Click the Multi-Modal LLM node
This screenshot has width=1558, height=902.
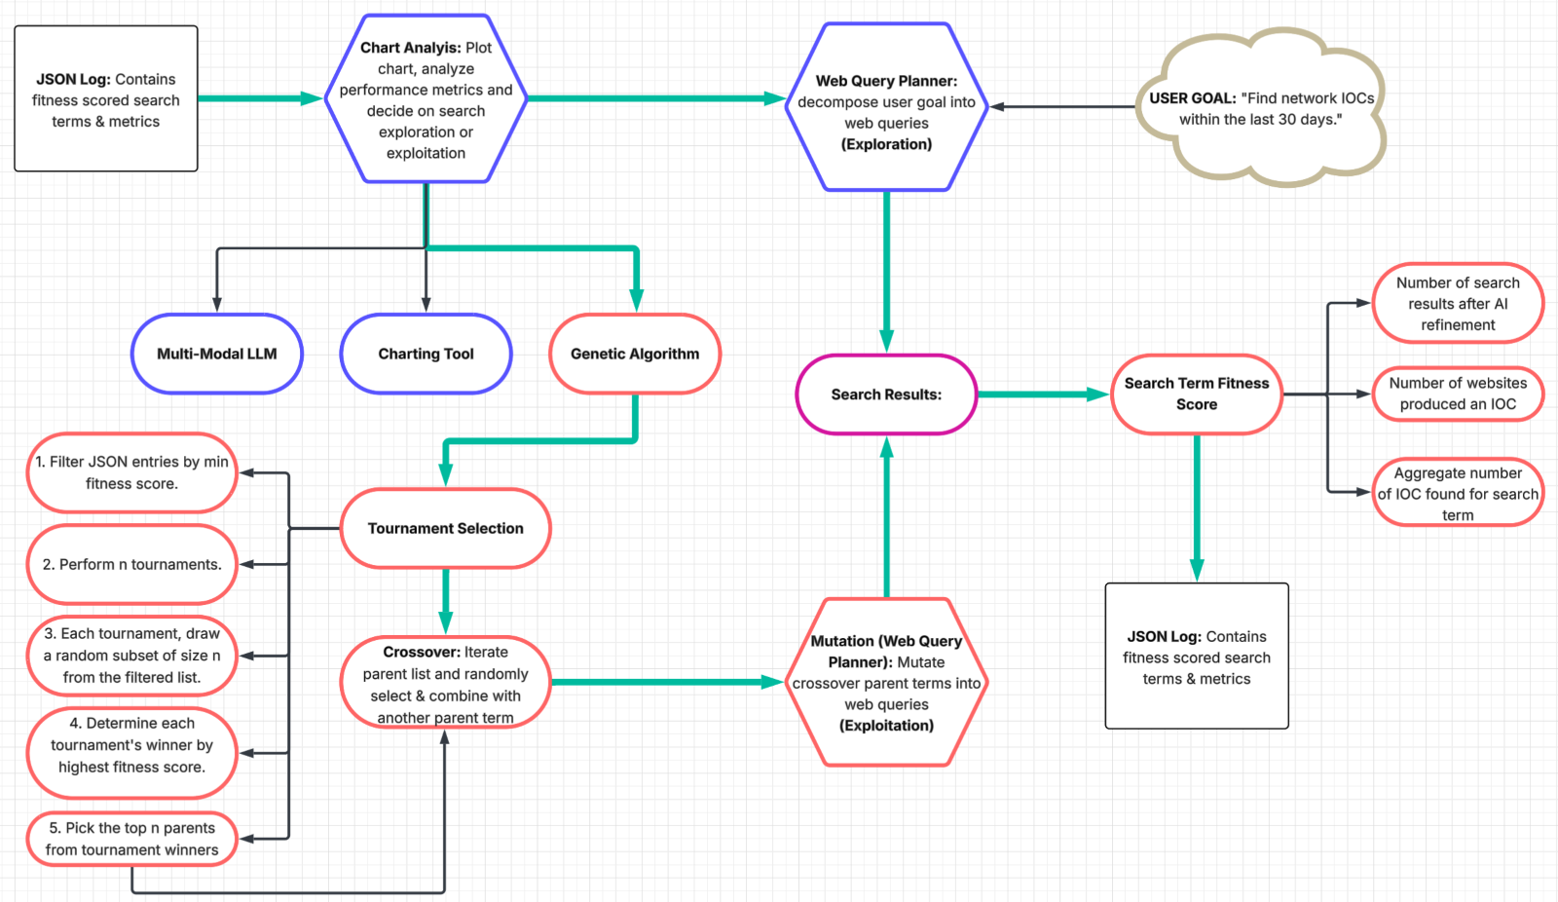217,354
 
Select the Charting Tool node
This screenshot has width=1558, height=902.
426,354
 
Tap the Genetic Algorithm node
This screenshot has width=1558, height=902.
635,354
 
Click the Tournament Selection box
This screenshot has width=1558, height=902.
445,528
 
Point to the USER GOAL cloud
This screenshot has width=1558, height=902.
1261,108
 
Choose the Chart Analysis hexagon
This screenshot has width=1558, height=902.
426,99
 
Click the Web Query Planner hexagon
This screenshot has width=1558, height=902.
886,107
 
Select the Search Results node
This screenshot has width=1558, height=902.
886,395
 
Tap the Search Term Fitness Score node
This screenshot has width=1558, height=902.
1197,394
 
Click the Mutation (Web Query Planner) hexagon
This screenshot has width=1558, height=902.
886,682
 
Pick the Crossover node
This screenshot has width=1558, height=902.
445,684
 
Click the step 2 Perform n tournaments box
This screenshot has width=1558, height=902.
131,564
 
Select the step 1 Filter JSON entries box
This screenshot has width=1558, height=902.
131,472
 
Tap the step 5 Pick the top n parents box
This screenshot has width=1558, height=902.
131,839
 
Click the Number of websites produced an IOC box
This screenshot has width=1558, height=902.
1458,394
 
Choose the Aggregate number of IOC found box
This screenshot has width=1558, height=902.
1458,493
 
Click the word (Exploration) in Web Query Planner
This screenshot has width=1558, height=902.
886,144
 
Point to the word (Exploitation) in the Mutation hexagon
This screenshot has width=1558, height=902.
886,726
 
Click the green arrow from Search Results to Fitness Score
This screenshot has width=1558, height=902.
1042,395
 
